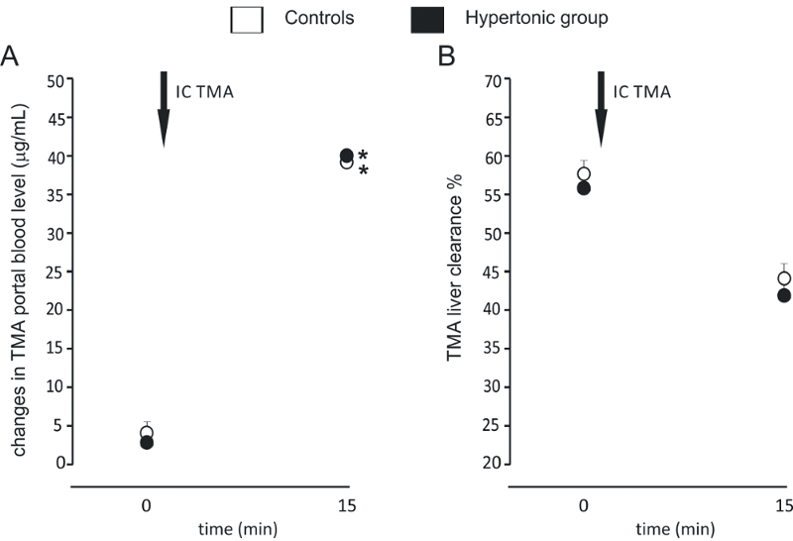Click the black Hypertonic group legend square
(x=426, y=19)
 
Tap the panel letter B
(x=447, y=57)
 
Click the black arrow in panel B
(x=601, y=109)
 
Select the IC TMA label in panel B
(x=641, y=93)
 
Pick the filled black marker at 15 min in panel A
(x=347, y=156)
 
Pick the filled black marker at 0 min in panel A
(x=146, y=443)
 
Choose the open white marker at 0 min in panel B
(x=584, y=175)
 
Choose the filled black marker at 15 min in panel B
(x=784, y=295)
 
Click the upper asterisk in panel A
(x=363, y=156)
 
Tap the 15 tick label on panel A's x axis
(x=347, y=506)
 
